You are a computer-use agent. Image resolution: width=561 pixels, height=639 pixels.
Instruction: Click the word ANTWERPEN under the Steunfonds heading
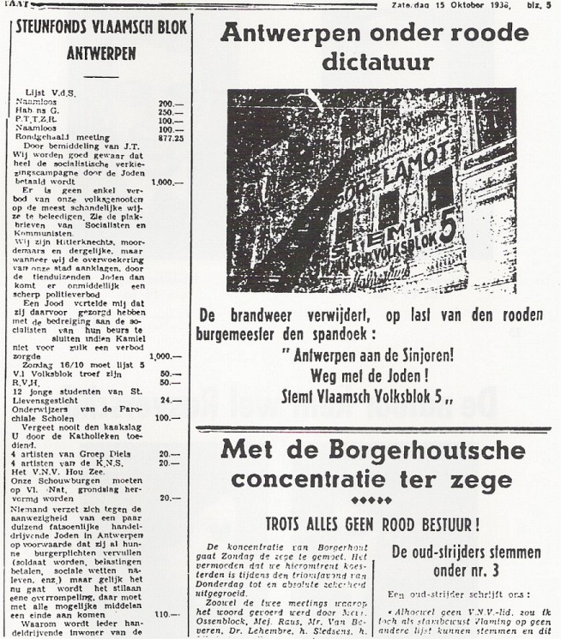(101, 52)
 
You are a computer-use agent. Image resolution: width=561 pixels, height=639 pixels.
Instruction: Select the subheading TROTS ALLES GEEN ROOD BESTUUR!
(371, 523)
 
